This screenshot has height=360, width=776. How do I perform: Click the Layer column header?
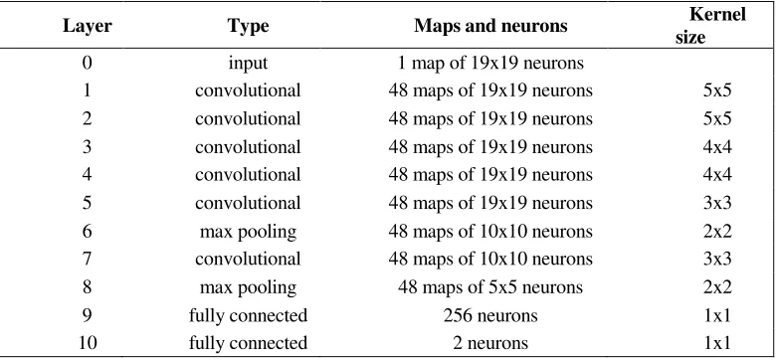[88, 26]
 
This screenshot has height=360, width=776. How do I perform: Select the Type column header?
[248, 26]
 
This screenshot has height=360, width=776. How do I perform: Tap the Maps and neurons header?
[490, 26]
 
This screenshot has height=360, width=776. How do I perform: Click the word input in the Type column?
[248, 63]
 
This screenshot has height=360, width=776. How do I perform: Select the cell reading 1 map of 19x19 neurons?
[490, 63]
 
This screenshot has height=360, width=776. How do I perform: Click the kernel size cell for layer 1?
[717, 90]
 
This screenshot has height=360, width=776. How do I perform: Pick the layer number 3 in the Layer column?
[88, 147]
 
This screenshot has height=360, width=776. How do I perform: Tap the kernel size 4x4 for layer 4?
[717, 175]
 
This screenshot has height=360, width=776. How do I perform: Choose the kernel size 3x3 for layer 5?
[717, 203]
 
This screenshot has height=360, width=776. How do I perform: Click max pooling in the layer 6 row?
[248, 231]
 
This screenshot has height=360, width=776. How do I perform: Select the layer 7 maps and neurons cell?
[490, 259]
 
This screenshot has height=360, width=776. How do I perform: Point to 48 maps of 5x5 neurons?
[490, 286]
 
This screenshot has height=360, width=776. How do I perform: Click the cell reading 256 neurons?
[490, 315]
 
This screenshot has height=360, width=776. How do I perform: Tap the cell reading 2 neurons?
[490, 343]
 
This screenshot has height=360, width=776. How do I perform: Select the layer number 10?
[88, 343]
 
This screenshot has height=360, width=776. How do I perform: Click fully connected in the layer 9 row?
[248, 315]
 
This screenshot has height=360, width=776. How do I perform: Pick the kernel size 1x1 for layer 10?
[717, 343]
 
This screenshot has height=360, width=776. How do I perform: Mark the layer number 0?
[88, 63]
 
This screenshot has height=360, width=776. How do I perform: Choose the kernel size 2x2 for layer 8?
[717, 286]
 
